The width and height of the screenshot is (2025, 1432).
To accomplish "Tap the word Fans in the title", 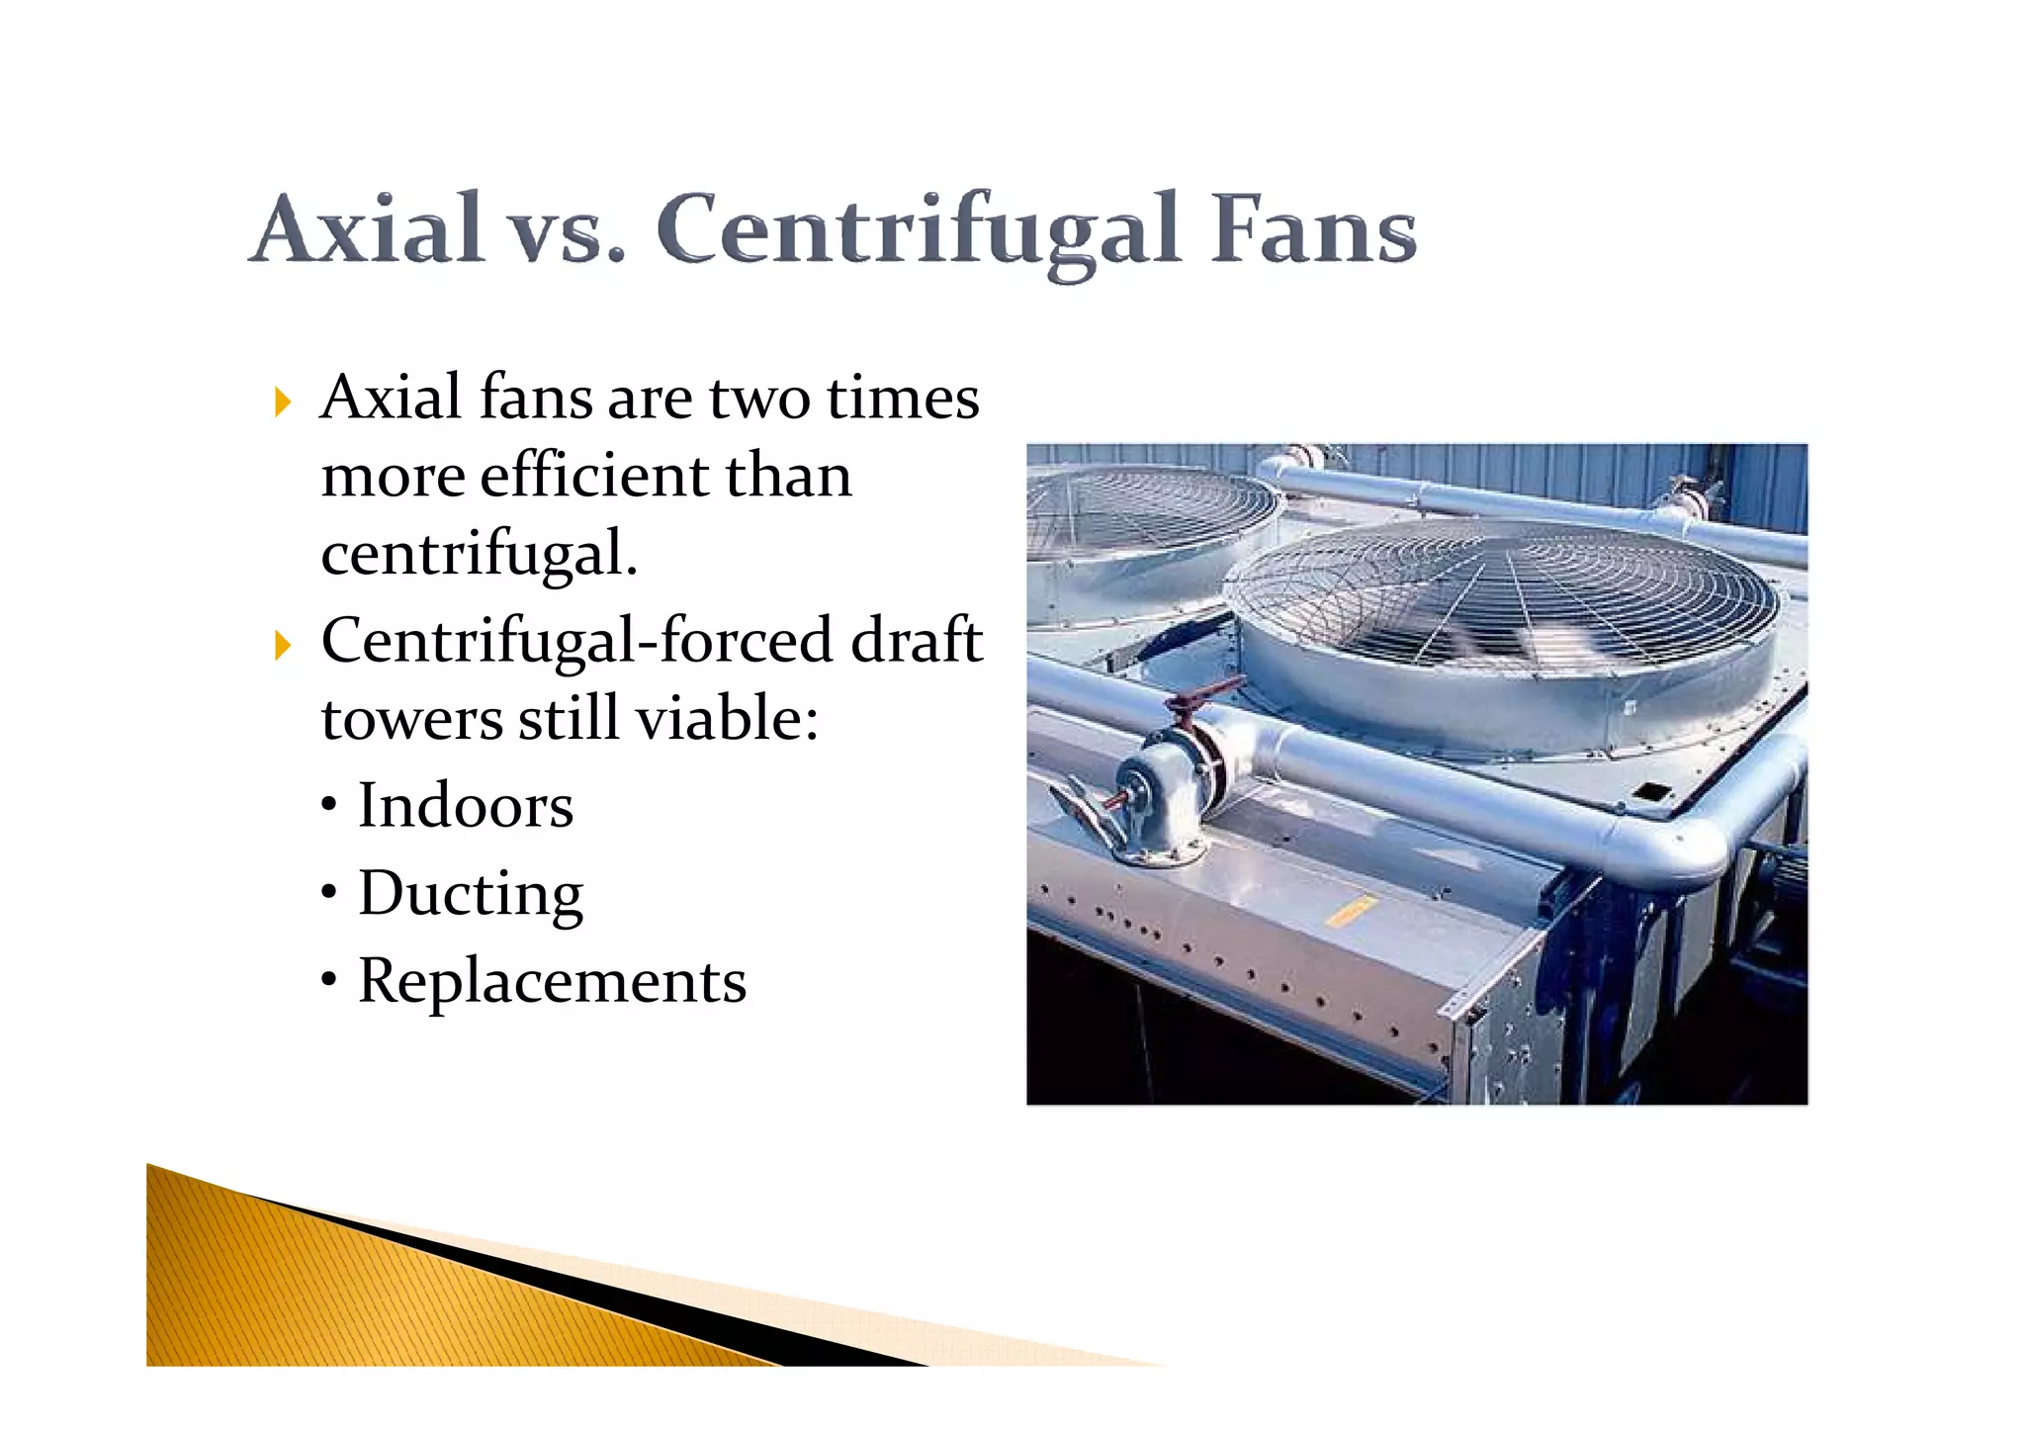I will point(1314,229).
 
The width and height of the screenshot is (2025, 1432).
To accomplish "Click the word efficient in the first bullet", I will point(593,476).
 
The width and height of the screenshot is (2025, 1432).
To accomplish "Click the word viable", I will point(726,718).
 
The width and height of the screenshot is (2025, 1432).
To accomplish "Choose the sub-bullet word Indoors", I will point(465,805).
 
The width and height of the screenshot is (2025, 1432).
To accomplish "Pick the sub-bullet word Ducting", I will point(471,894).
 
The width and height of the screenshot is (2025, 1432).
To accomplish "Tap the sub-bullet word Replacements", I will point(552,981).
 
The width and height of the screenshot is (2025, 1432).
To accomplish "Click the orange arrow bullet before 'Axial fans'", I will point(283,403).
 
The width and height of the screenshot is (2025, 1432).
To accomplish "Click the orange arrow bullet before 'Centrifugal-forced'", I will point(283,646).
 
